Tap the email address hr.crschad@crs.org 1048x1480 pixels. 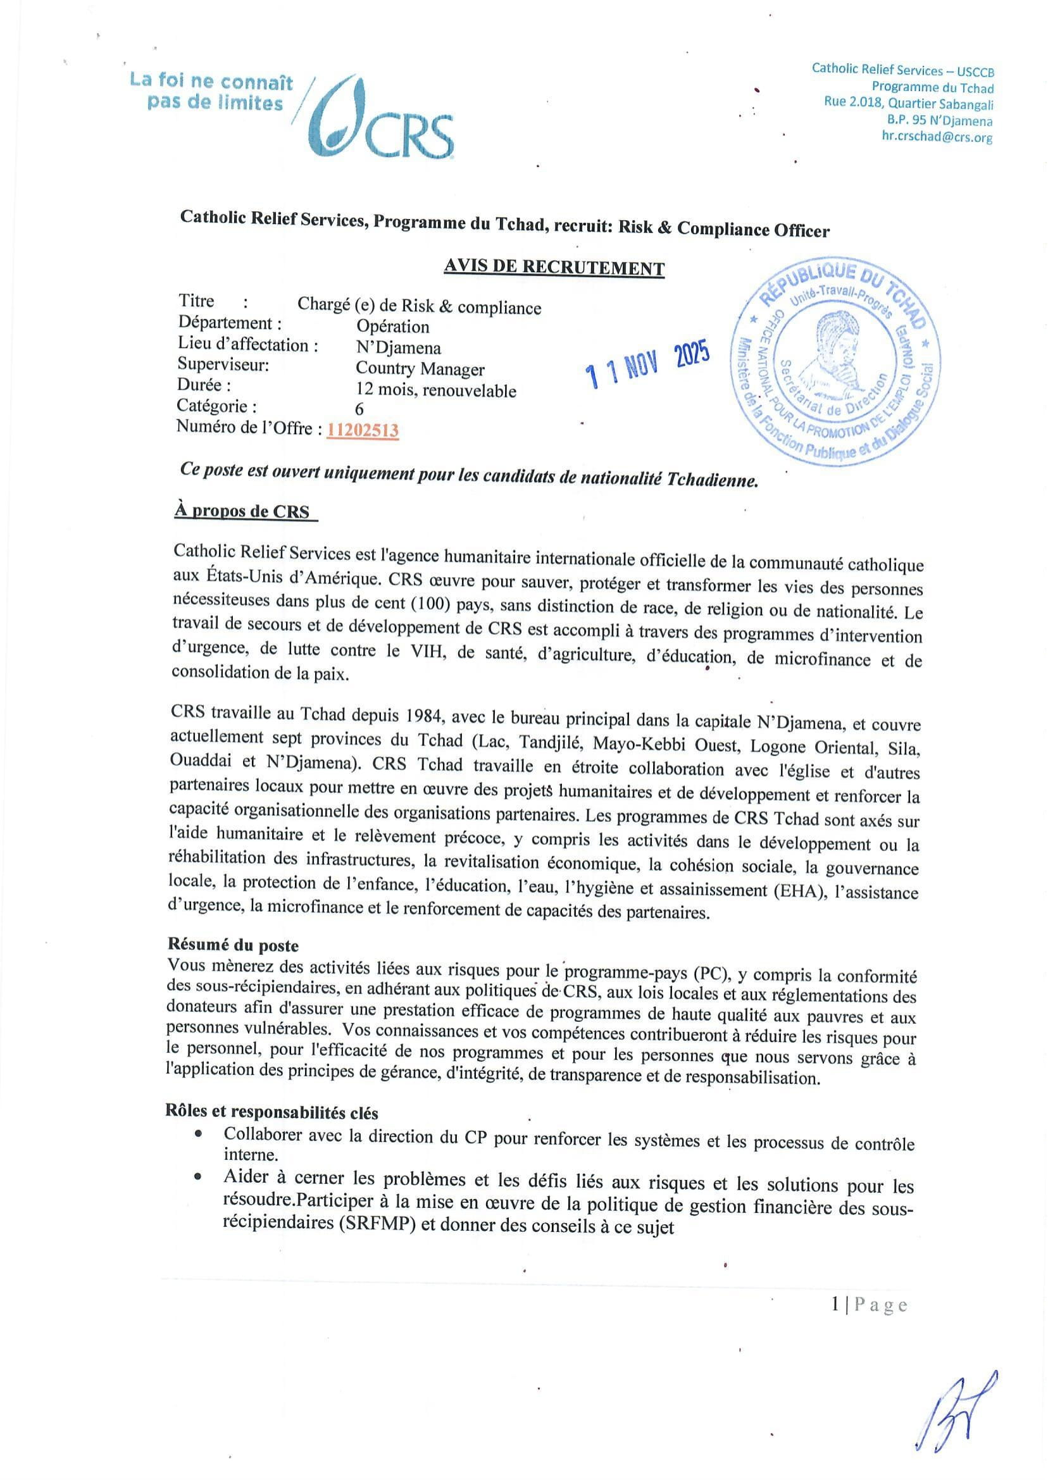pos(937,137)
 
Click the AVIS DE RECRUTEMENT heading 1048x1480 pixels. pos(554,267)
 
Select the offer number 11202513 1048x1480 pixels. pos(362,430)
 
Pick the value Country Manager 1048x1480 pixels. pos(420,369)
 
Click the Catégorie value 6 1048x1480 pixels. pos(359,409)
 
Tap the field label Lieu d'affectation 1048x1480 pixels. pos(248,345)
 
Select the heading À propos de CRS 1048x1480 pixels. pos(241,511)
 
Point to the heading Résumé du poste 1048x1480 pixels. pos(233,945)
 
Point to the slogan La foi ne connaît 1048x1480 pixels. pos(211,82)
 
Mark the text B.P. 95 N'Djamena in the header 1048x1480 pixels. pos(940,121)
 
